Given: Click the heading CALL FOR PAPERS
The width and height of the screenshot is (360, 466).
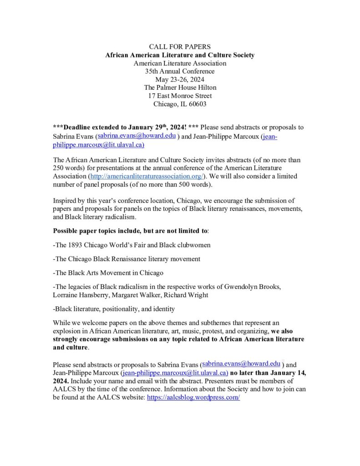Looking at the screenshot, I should (180, 47).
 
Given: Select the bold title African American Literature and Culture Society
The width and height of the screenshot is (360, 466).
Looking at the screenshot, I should (180, 55).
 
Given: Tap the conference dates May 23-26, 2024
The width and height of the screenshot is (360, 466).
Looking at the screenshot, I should (180, 79).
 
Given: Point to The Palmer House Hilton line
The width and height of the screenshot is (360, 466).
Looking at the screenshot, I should (180, 87).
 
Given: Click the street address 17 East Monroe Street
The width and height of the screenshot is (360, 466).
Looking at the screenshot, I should (180, 96).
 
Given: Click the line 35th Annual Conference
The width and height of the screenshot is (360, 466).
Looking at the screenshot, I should (180, 71).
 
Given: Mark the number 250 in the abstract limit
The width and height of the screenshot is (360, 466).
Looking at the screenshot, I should (61, 168).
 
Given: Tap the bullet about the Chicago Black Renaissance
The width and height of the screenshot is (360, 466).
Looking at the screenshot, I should (127, 259).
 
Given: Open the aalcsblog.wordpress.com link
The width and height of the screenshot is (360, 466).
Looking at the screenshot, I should (193, 397).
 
